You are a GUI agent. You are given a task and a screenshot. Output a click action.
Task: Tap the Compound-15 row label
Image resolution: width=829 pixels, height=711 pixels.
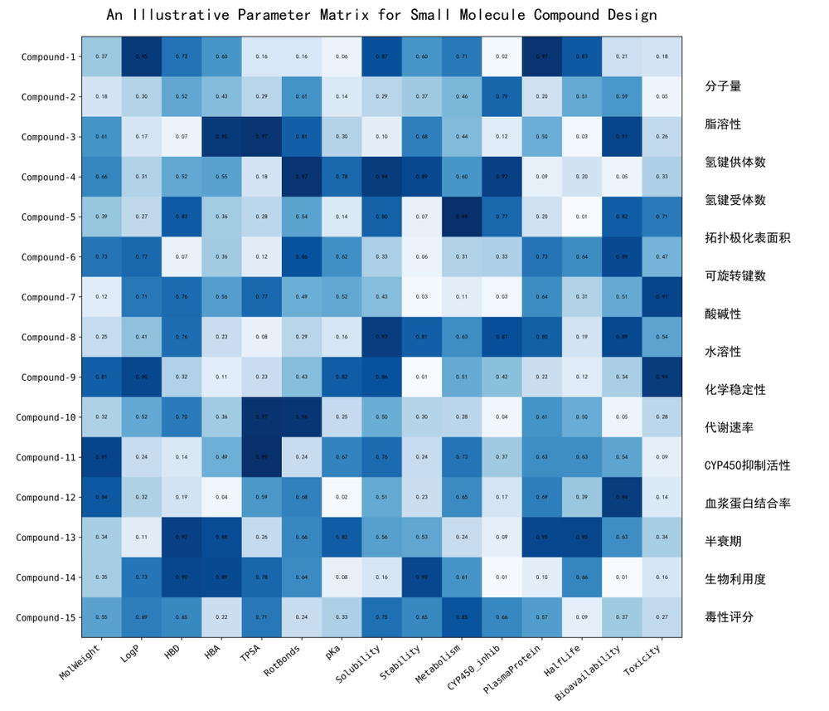(46, 618)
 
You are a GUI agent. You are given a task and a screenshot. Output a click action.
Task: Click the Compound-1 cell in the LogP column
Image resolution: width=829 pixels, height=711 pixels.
(142, 56)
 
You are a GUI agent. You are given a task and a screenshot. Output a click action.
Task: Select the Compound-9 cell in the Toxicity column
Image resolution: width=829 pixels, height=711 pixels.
(662, 377)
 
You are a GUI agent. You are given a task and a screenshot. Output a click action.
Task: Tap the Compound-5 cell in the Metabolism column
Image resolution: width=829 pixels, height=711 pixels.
(462, 217)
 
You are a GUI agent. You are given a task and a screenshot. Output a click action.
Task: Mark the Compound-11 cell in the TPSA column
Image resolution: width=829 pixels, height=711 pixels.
(262, 458)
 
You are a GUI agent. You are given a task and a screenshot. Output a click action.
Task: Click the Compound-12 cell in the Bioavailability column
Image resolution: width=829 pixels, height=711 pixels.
(622, 498)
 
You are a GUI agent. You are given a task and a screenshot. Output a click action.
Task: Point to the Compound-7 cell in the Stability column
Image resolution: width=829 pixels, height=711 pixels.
(422, 297)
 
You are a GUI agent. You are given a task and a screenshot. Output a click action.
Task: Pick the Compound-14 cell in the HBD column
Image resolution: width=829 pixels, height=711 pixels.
(182, 578)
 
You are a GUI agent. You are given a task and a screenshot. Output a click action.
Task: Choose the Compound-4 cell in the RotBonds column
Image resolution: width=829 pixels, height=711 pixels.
(302, 177)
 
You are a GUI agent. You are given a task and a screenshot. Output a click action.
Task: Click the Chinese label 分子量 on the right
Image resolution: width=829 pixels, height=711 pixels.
(723, 86)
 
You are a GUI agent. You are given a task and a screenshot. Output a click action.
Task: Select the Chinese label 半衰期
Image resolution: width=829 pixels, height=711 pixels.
(723, 542)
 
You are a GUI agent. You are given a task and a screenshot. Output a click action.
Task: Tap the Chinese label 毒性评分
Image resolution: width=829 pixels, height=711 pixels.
(729, 617)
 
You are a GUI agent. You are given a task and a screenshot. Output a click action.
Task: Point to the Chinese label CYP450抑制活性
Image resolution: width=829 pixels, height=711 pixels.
(746, 465)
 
